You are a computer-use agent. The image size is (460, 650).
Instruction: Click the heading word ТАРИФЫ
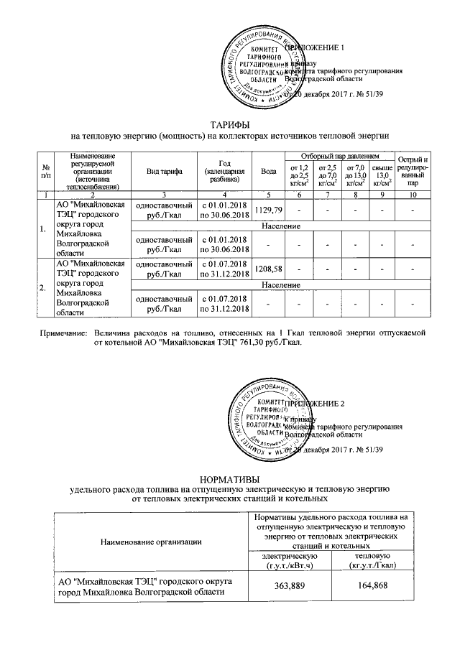point(229,125)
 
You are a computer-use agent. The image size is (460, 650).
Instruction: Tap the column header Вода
point(270,171)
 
